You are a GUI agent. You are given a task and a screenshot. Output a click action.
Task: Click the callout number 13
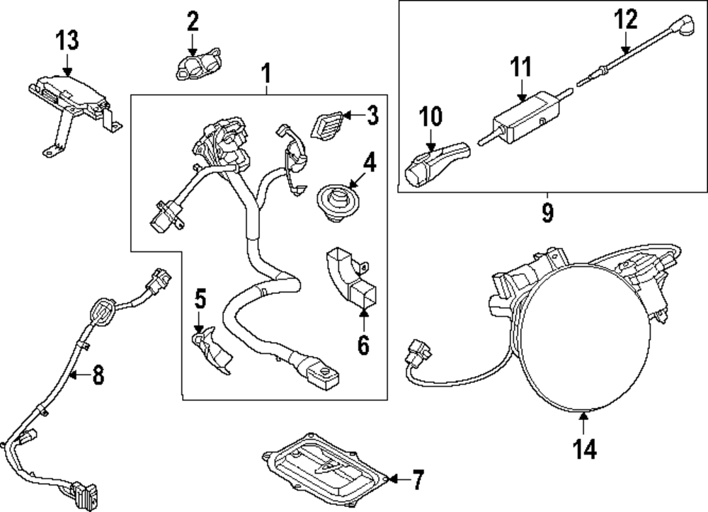[x=67, y=41]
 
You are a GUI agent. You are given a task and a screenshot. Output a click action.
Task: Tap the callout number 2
[x=193, y=22]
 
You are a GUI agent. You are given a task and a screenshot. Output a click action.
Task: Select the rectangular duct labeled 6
[x=350, y=282]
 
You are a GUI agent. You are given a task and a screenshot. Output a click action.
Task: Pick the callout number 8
[x=98, y=376]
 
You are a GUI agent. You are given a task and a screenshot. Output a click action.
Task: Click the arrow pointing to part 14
[x=584, y=423]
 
